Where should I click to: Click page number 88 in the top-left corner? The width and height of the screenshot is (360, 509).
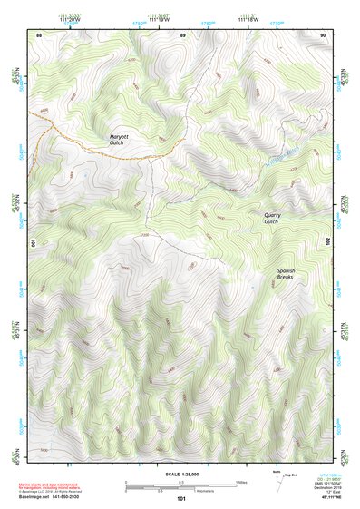tap(39, 34)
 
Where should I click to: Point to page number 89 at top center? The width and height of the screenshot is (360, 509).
tap(181, 34)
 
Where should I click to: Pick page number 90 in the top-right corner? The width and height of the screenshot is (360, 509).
tap(323, 34)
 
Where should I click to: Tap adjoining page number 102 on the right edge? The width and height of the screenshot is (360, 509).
tap(326, 242)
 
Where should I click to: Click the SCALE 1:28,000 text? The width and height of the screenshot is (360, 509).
tap(181, 474)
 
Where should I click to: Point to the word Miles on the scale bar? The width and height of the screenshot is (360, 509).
tap(241, 482)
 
